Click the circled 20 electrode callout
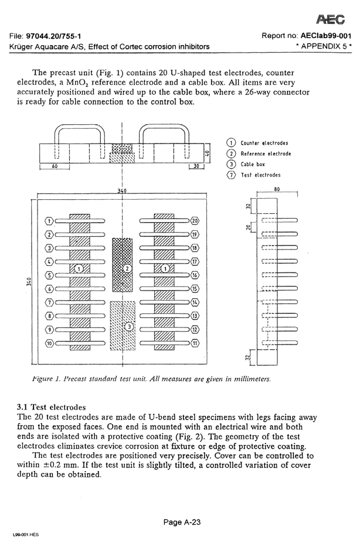pyautogui.click(x=195, y=221)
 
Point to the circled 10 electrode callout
pyautogui.click(x=50, y=343)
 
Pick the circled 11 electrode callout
pyautogui.click(x=195, y=343)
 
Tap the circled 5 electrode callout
pyautogui.click(x=50, y=275)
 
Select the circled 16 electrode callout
pyautogui.click(x=195, y=275)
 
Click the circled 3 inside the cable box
pyautogui.click(x=130, y=326)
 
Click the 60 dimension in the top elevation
pyautogui.click(x=55, y=166)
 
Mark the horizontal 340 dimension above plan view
pyautogui.click(x=121, y=191)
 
